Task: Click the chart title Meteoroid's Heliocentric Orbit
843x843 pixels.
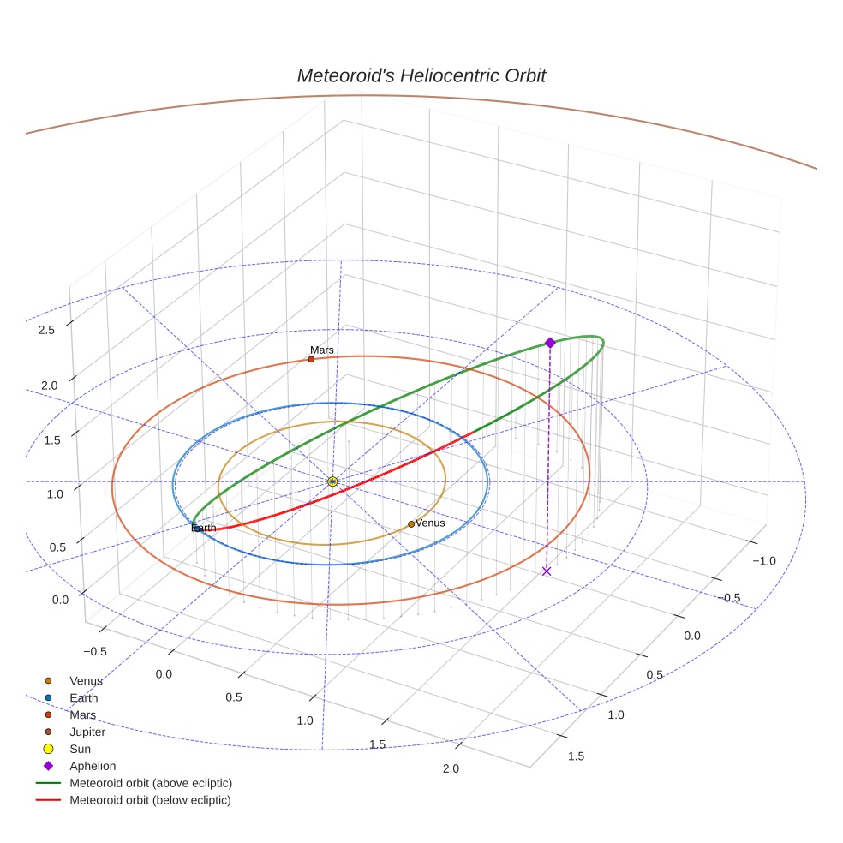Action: point(421,75)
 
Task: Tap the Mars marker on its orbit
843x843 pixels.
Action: point(311,359)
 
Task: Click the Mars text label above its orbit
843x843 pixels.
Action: point(322,350)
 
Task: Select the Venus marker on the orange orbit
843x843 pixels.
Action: point(411,523)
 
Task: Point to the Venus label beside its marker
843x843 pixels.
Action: point(430,523)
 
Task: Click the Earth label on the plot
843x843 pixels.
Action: point(204,528)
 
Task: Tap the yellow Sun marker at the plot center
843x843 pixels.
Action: point(332,481)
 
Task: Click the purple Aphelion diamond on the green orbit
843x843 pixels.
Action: point(550,343)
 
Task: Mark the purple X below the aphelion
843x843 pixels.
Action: point(547,571)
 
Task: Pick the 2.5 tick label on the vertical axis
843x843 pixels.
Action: point(47,330)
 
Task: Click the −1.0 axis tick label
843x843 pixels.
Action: point(763,560)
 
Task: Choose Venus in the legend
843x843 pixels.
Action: point(86,681)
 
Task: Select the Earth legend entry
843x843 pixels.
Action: point(83,697)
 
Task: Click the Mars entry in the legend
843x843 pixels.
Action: point(82,714)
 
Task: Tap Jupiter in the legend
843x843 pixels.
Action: point(87,732)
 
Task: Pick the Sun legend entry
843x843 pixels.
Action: point(80,749)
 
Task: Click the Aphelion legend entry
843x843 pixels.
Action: point(93,766)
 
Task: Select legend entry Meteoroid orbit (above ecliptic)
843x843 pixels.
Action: point(151,783)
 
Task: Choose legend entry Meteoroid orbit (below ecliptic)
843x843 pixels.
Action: point(150,800)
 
